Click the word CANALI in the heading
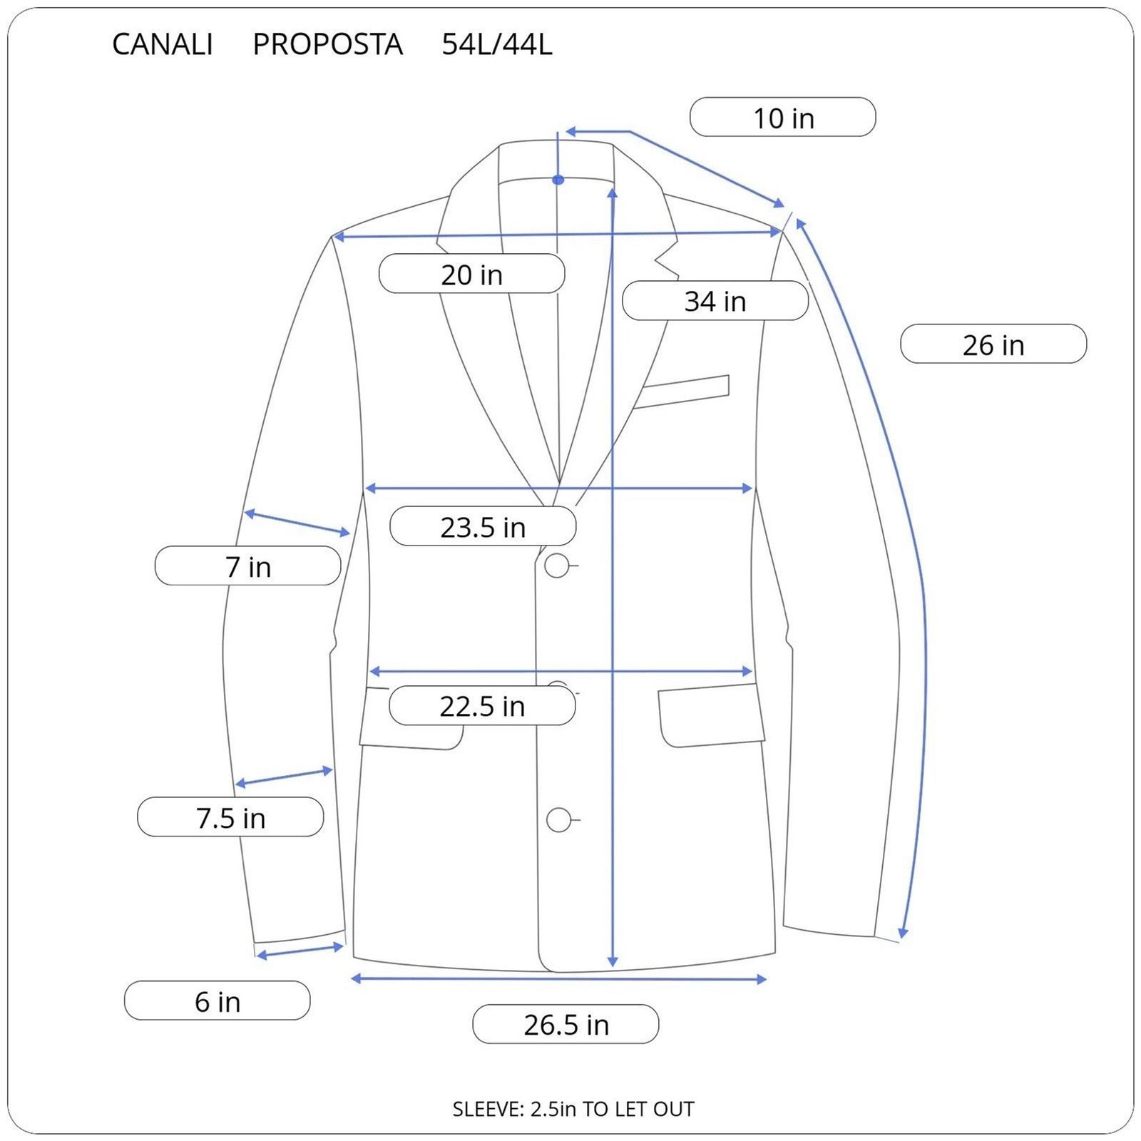click(163, 44)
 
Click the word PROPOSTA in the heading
click(328, 44)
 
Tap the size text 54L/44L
click(497, 44)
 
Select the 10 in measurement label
click(783, 117)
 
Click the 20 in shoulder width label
click(471, 274)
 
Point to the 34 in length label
click(715, 301)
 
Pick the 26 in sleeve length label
click(993, 344)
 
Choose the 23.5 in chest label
click(483, 526)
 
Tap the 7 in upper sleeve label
click(248, 566)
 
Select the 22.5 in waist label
click(482, 706)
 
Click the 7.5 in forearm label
click(230, 817)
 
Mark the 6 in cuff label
click(218, 1001)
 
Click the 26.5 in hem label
click(566, 1024)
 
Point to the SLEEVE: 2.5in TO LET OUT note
click(573, 1109)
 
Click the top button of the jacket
click(557, 566)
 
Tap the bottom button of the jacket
click(559, 820)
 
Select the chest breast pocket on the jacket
click(682, 392)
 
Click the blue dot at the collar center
click(558, 180)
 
